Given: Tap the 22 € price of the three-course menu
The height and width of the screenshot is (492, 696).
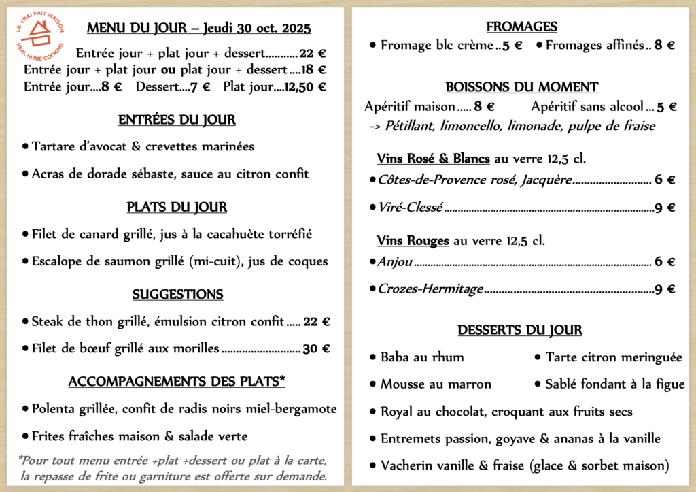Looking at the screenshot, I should tap(313, 53).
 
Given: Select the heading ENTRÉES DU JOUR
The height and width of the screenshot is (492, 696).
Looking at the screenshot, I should tap(177, 120).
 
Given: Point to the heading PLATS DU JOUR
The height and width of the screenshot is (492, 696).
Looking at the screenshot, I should tap(177, 208).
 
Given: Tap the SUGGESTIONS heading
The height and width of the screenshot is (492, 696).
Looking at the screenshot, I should tap(177, 295).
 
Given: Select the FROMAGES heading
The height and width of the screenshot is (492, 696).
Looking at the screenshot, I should tap(521, 27).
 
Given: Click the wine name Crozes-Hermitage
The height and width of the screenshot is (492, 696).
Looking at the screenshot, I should tap(430, 289).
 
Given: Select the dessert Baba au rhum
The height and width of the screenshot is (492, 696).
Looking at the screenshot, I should tap(422, 357).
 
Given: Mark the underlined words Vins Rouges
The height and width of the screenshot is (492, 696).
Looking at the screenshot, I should tap(413, 241).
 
